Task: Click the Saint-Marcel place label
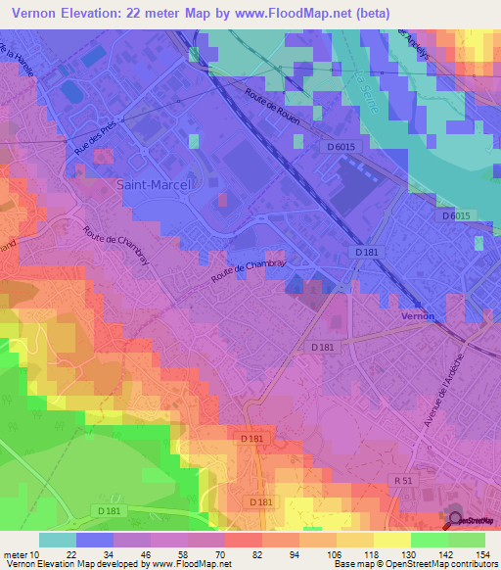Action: pos(154,183)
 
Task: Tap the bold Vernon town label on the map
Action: pos(417,316)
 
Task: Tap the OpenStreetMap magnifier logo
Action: pos(456,521)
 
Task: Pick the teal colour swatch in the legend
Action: pos(57,541)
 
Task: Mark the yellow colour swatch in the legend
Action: pos(391,541)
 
